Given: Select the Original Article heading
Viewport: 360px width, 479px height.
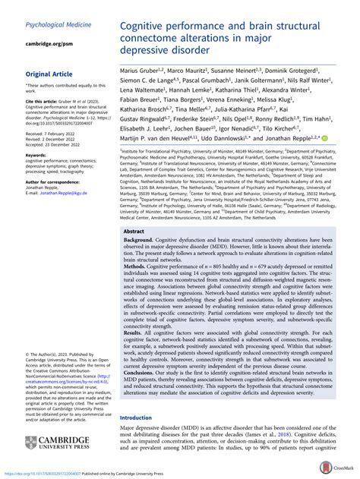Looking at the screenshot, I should click(51, 74).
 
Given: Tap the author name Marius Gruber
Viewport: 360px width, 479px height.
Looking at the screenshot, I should click(144, 69).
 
